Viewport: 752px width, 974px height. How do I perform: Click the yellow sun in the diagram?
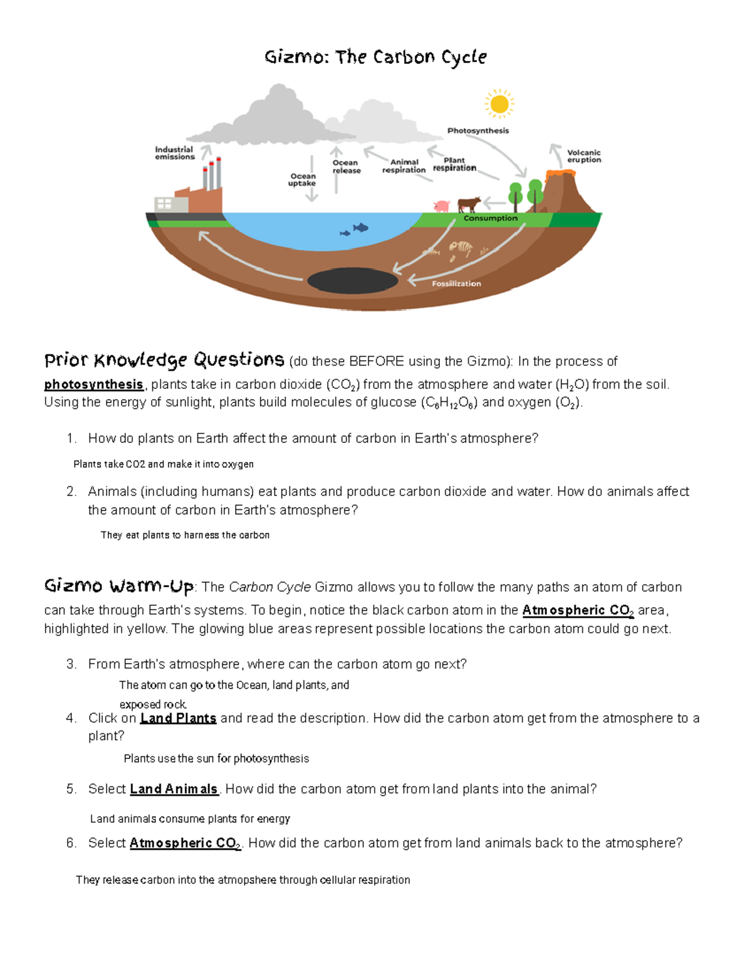[x=499, y=104]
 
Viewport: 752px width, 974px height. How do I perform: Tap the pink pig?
[x=442, y=206]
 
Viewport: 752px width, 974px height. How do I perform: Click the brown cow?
[x=468, y=204]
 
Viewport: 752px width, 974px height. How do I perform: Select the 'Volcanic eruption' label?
[x=583, y=156]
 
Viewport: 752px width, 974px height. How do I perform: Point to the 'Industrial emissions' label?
[x=175, y=153]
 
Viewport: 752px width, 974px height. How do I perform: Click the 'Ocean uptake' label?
[x=302, y=180]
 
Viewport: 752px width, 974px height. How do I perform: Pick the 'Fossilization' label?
[x=456, y=284]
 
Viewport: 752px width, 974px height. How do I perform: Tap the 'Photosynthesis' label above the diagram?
[x=478, y=130]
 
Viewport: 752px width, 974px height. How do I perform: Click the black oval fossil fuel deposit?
[x=353, y=280]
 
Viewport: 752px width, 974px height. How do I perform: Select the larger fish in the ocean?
[x=360, y=228]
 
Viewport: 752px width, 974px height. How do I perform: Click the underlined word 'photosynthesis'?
[x=93, y=384]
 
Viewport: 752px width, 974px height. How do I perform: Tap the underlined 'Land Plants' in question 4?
[x=178, y=718]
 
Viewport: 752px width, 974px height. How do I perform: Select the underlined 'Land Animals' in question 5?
[x=174, y=789]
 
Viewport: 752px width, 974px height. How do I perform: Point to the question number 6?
[x=71, y=843]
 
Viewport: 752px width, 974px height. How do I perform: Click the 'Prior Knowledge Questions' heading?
[x=164, y=361]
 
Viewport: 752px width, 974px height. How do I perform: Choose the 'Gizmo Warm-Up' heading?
[x=119, y=586]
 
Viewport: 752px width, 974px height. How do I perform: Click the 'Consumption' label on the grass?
[x=490, y=218]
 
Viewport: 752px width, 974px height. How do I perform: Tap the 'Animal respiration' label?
[x=404, y=166]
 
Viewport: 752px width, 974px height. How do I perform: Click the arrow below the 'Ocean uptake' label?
[x=311, y=194]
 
